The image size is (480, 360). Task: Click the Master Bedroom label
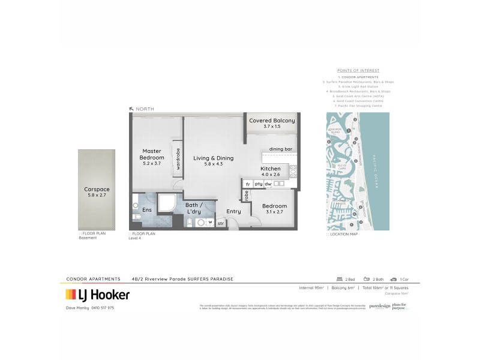pos(152,157)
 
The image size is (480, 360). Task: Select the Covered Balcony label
pos(272,124)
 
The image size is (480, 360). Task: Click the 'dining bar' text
pos(280,148)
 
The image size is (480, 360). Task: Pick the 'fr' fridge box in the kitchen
pos(247,184)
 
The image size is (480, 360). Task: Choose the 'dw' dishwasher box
pos(269,184)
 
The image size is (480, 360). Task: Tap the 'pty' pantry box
pos(258,184)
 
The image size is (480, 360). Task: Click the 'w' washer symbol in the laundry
pos(210,222)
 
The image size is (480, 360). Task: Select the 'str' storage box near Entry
pos(220,223)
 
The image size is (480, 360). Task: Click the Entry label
pos(233,211)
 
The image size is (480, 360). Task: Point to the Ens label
pos(147,209)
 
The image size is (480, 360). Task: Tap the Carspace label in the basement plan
pos(97,192)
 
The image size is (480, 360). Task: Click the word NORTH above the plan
pos(145,109)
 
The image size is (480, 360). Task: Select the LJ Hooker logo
pos(97,295)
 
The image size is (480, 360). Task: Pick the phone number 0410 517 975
pos(102,308)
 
